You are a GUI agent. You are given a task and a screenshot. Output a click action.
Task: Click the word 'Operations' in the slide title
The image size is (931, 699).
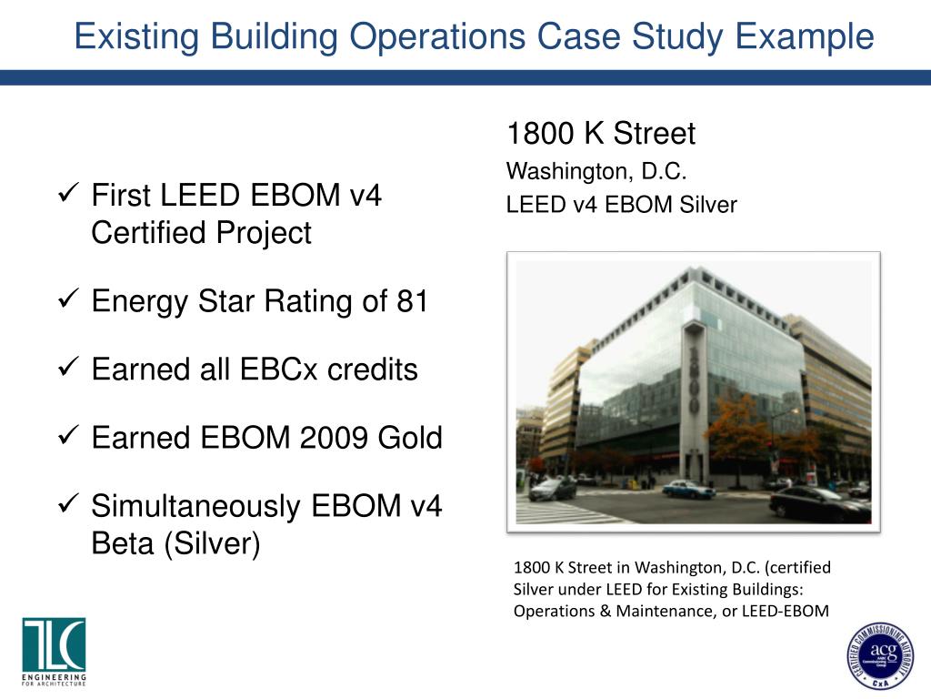[x=437, y=36]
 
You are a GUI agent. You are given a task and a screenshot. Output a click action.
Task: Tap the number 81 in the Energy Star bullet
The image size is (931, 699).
[x=412, y=301]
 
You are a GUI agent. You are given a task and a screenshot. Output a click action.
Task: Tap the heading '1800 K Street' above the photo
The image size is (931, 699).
[x=600, y=134]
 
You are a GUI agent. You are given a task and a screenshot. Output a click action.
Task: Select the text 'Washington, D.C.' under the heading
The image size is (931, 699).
[x=596, y=171]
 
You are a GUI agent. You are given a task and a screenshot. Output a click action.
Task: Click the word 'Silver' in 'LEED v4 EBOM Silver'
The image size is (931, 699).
[x=708, y=205]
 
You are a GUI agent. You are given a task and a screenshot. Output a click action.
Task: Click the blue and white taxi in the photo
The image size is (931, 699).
[x=688, y=489]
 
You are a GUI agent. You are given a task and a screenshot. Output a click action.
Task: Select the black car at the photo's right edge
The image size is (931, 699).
[x=819, y=503]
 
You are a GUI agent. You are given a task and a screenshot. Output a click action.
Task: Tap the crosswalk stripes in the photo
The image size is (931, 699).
[x=555, y=512]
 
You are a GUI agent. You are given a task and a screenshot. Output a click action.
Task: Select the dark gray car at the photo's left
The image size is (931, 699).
[x=553, y=489]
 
